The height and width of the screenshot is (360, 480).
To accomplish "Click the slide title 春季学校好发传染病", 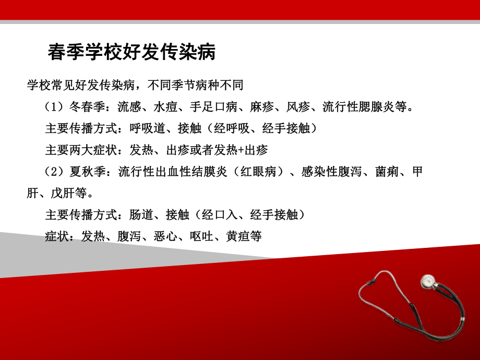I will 131,52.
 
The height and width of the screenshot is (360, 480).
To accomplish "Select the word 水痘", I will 166,107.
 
